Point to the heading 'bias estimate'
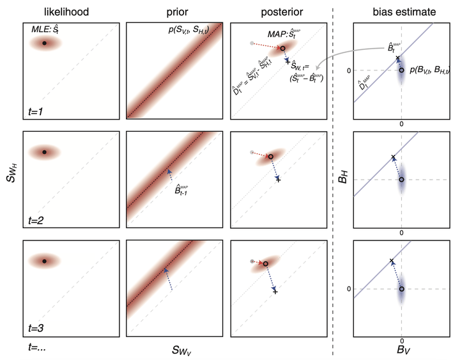pyautogui.click(x=402, y=11)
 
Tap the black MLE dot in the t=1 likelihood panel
pyautogui.click(x=44, y=43)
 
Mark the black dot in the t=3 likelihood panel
pyautogui.click(x=44, y=261)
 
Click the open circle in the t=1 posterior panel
pyautogui.click(x=282, y=48)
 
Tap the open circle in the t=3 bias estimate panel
pyautogui.click(x=401, y=289)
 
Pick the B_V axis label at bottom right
pyautogui.click(x=402, y=350)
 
